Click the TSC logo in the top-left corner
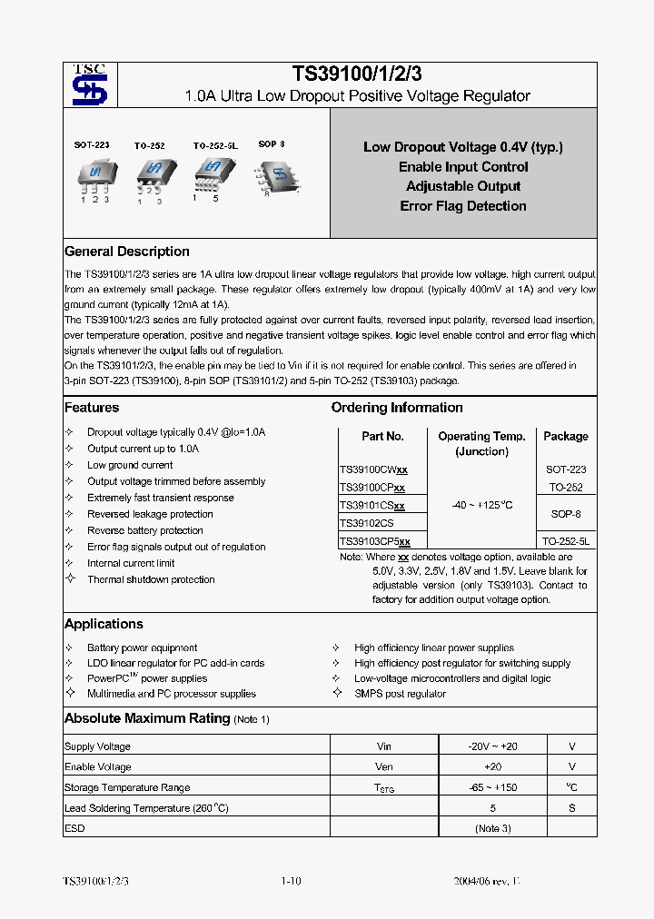[x=90, y=85]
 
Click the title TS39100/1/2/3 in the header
[x=357, y=74]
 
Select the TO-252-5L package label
[x=214, y=144]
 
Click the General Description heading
[x=127, y=252]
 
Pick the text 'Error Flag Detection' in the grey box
[x=463, y=206]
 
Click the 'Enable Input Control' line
[x=463, y=167]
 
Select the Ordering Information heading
[x=397, y=408]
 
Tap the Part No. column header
[x=382, y=436]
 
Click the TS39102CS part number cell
[x=366, y=523]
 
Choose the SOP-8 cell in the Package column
[x=565, y=514]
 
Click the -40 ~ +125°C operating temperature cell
[x=481, y=505]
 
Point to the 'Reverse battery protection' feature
[x=145, y=530]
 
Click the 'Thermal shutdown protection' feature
[x=151, y=579]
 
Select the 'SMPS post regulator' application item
[x=400, y=694]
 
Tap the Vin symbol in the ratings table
[x=384, y=746]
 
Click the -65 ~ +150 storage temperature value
[x=494, y=787]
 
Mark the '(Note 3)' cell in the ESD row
[x=493, y=828]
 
